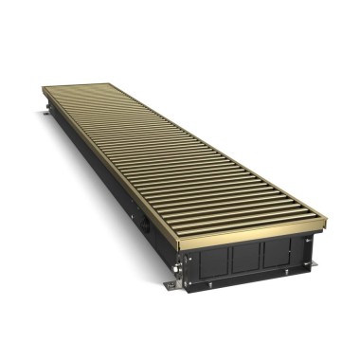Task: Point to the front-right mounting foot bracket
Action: (314, 264)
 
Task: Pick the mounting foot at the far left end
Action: (45, 116)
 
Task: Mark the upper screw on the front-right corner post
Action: (307, 241)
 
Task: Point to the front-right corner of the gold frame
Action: (325, 219)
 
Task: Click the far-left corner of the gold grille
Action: (44, 89)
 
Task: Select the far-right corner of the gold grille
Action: (113, 86)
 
